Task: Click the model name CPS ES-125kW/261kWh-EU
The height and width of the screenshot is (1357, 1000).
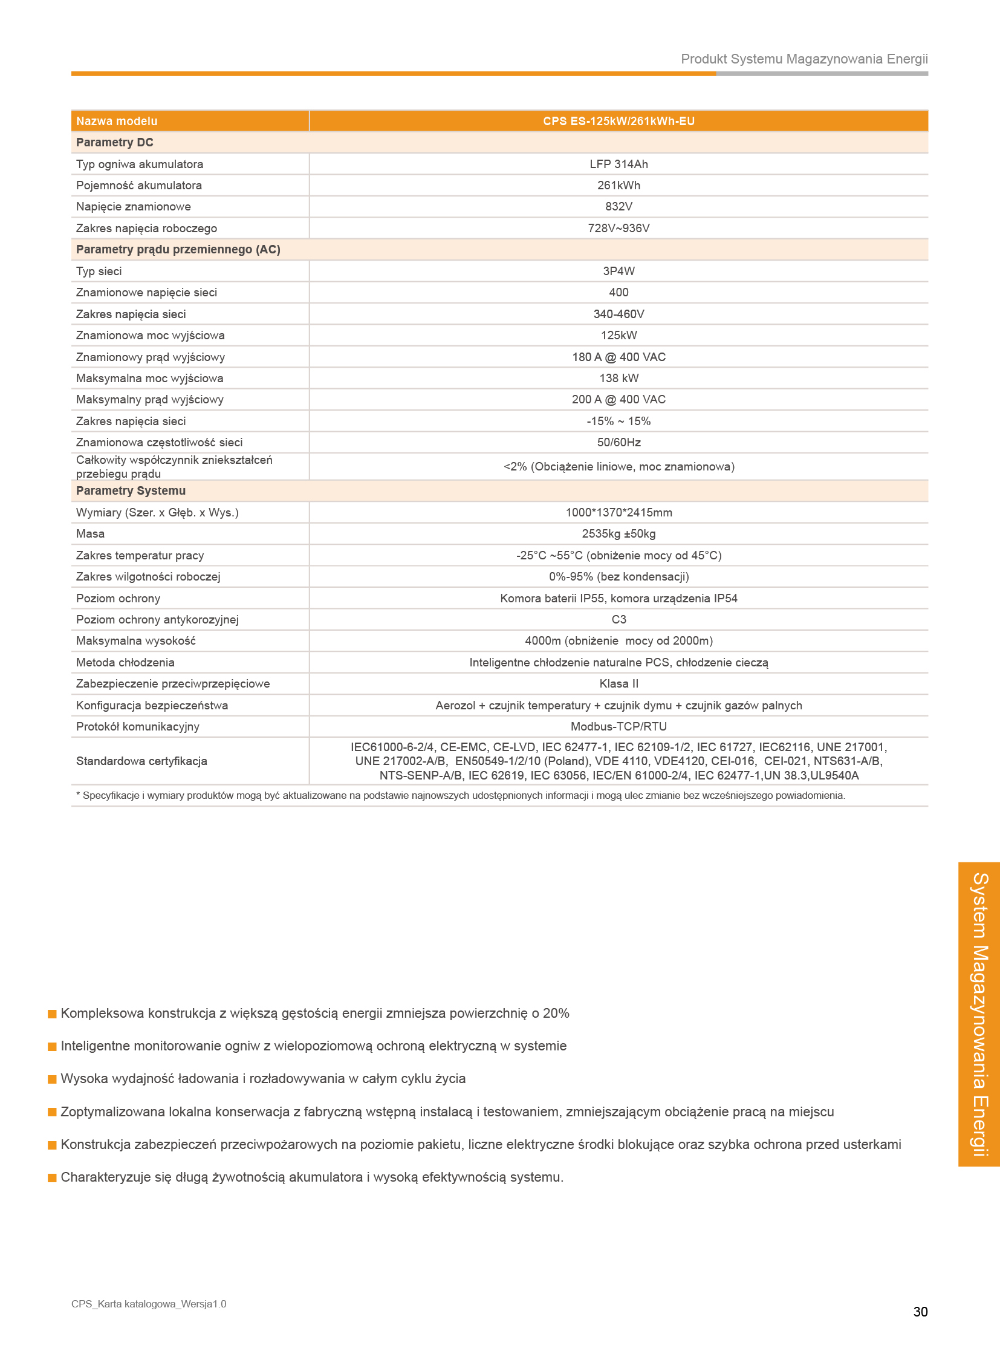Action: coord(618,121)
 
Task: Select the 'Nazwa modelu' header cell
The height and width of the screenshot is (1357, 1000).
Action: coord(117,121)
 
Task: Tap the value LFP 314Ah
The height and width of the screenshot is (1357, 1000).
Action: coord(618,164)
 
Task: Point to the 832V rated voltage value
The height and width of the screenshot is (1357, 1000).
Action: coord(618,206)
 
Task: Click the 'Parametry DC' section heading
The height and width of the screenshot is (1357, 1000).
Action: coord(114,142)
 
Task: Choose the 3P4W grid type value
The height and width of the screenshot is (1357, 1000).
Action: coord(618,272)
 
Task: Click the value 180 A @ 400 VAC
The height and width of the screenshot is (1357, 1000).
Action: coord(618,357)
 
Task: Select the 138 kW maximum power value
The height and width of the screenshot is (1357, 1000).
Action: coord(618,379)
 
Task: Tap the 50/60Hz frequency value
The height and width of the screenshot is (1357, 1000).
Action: coord(618,443)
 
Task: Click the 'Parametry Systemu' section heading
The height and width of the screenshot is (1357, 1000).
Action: coord(131,490)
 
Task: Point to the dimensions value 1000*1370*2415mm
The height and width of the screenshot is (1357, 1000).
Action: coord(618,513)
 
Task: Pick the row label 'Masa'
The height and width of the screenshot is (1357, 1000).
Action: coord(90,534)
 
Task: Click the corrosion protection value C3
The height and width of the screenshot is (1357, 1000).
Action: coord(618,619)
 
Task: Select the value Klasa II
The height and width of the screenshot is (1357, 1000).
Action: coord(618,684)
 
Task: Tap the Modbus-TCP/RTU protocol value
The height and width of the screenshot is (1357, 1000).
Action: coord(618,727)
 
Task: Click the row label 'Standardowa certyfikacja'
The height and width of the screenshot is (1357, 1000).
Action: coord(141,761)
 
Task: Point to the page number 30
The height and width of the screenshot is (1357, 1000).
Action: coord(920,1312)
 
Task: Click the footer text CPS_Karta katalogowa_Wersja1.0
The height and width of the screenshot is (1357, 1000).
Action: coord(149,1304)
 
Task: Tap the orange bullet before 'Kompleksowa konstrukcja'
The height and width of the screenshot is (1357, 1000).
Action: coord(52,1014)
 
